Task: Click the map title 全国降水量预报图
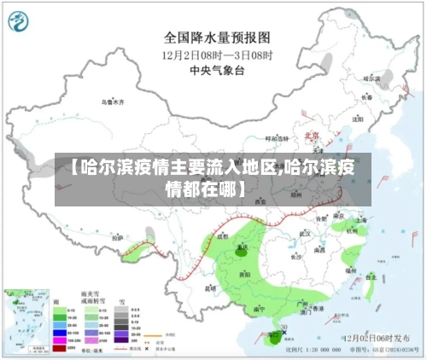click(217, 38)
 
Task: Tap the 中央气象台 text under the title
click(217, 71)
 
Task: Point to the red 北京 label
click(312, 136)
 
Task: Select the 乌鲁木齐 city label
click(113, 102)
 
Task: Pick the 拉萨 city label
click(118, 237)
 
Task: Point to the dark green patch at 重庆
click(243, 249)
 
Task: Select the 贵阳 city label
click(245, 274)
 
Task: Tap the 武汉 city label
click(304, 232)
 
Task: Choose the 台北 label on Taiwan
click(370, 276)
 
